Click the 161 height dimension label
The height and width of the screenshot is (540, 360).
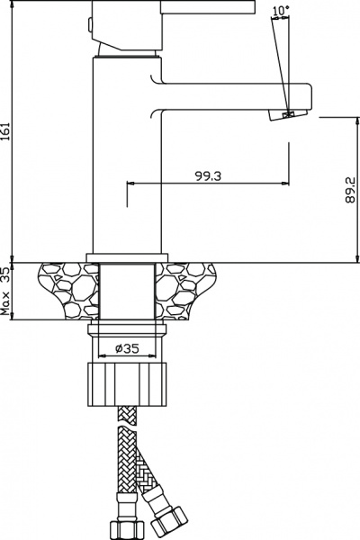tap(5, 130)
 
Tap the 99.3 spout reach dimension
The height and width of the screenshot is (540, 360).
tap(209, 176)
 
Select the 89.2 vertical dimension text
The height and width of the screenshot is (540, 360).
tap(350, 190)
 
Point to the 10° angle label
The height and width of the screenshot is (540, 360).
tap(281, 11)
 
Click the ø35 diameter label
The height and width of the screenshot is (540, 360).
tap(127, 348)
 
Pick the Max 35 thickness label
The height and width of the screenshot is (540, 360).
tap(5, 292)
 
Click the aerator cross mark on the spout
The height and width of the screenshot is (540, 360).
tap(288, 114)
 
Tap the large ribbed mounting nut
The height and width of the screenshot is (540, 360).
tap(127, 384)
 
